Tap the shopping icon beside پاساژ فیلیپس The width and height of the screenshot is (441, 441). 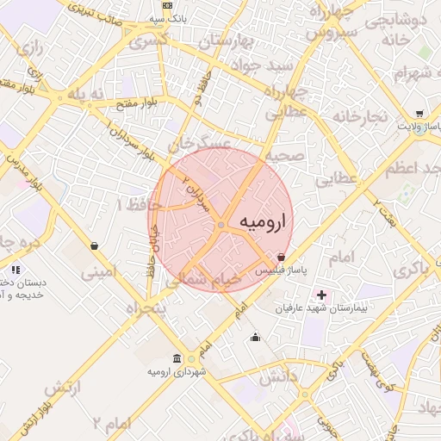pos(283,257)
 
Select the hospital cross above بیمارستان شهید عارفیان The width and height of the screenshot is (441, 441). pos(321,295)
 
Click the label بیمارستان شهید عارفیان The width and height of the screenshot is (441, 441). pos(314,307)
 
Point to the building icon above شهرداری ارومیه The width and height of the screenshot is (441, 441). pos(177,358)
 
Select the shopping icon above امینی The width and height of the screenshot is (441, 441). pos(93,246)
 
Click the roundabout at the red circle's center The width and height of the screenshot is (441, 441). pos(221,225)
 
